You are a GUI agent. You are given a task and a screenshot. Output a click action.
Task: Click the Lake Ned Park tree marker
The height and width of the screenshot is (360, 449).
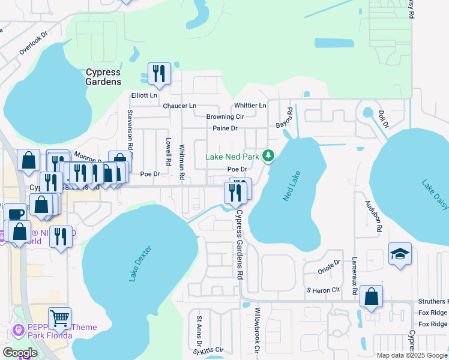[268, 156]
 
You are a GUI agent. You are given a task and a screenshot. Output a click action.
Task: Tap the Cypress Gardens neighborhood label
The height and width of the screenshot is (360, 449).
[103, 77]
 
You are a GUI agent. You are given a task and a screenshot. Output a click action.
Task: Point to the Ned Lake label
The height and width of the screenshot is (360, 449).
[291, 185]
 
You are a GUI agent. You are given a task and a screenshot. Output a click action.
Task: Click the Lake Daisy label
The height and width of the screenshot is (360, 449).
[435, 194]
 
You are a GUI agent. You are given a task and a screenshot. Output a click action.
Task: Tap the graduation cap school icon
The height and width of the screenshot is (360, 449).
[400, 254]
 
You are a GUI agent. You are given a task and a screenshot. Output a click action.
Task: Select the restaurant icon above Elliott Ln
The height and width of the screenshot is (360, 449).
[159, 73]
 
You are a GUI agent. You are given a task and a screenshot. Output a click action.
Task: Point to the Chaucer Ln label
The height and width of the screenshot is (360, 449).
[179, 106]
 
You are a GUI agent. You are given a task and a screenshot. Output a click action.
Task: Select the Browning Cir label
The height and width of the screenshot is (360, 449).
[225, 117]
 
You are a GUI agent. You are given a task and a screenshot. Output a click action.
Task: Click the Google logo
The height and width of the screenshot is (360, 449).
[19, 353]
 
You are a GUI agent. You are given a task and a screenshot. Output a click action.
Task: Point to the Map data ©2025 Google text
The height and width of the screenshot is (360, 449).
[412, 355]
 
